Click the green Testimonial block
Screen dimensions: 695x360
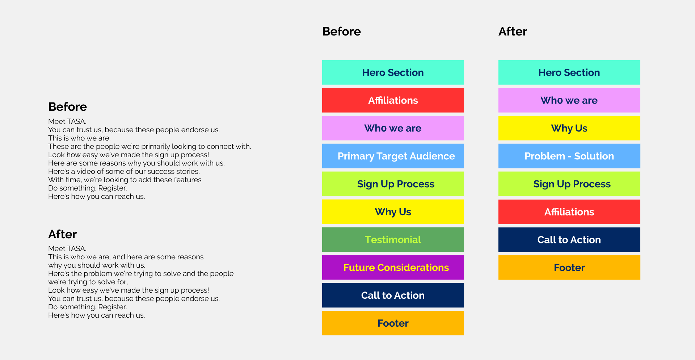click(x=393, y=239)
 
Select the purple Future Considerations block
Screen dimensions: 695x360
click(x=393, y=267)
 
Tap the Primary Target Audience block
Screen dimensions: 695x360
click(x=393, y=156)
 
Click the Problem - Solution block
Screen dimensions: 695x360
click(x=569, y=156)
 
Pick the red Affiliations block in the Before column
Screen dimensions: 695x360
click(x=393, y=100)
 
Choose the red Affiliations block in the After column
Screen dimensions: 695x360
click(x=569, y=212)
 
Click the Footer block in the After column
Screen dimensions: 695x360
click(x=569, y=268)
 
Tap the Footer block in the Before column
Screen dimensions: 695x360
click(x=393, y=323)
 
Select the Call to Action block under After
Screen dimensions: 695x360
click(x=569, y=240)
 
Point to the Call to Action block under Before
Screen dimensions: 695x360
click(x=393, y=295)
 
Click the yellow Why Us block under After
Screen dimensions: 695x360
click(x=569, y=128)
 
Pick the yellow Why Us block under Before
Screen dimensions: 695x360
click(x=393, y=212)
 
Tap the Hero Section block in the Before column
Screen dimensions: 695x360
click(x=393, y=72)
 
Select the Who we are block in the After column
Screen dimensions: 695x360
click(x=569, y=100)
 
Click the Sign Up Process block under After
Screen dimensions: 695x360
click(x=569, y=184)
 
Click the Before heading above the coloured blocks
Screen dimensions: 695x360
click(x=341, y=32)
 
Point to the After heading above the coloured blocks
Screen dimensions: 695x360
click(x=513, y=32)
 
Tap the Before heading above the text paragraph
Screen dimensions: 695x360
click(x=68, y=107)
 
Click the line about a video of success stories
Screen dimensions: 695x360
click(x=124, y=171)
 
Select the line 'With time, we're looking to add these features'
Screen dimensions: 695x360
click(x=125, y=180)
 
